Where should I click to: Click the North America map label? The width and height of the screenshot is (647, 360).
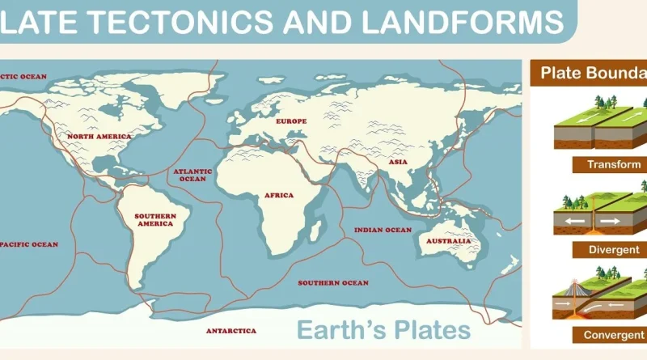pyautogui.click(x=99, y=137)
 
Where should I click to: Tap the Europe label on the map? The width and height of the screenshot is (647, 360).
pyautogui.click(x=291, y=121)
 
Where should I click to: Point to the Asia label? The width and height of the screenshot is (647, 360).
pyautogui.click(x=398, y=162)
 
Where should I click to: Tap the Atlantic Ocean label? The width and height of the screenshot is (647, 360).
pyautogui.click(x=192, y=175)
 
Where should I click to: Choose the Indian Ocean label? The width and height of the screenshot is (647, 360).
pyautogui.click(x=383, y=231)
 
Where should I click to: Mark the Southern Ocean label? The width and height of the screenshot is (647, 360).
pyautogui.click(x=333, y=283)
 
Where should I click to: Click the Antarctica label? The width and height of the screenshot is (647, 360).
pyautogui.click(x=230, y=331)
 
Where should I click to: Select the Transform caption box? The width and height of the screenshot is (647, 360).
pyautogui.click(x=607, y=165)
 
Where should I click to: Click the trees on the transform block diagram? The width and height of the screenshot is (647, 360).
pyautogui.click(x=603, y=103)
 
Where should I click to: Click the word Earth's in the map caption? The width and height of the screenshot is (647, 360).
pyautogui.click(x=340, y=330)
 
